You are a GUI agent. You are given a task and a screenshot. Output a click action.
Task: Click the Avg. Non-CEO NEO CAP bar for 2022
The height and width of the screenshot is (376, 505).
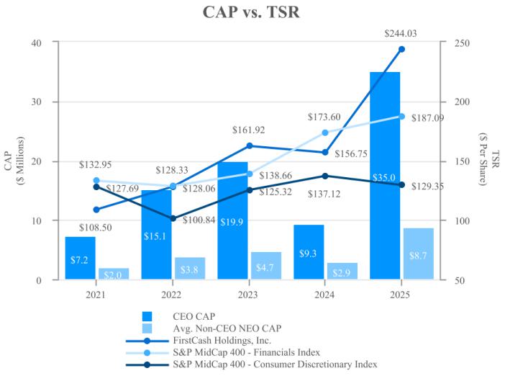pos(190,268)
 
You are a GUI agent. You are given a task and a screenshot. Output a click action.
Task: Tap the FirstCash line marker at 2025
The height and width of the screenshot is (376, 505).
pos(401,49)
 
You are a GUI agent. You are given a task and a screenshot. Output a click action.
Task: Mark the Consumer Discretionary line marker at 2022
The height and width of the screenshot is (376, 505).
pos(173,218)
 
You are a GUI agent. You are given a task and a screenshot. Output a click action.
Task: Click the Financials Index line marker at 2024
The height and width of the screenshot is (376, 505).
pos(325,133)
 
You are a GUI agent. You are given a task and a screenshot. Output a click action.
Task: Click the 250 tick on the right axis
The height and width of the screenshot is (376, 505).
pos(455,42)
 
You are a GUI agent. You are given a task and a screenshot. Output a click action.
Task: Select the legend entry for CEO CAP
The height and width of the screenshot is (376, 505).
pos(192,315)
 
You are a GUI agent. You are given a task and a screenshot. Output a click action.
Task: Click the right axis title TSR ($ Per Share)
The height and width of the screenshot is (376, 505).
pos(492,161)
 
